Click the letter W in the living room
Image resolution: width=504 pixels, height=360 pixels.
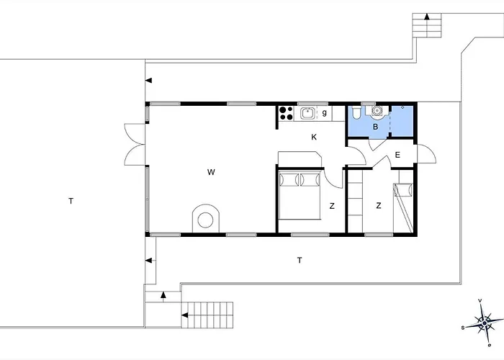coord(210,172)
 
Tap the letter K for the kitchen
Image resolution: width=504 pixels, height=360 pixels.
coord(314,137)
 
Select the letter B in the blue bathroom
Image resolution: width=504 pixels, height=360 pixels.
coord(375,127)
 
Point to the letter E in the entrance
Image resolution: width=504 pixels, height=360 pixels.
coord(398,155)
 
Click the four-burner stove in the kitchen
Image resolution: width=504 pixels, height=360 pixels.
coord(285,112)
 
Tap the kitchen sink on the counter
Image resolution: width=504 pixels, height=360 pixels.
coord(307,112)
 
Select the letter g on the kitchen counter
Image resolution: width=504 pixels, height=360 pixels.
coord(325,112)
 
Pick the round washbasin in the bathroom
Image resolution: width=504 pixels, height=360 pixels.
coord(376,111)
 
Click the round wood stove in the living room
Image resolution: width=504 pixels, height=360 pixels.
coord(205,219)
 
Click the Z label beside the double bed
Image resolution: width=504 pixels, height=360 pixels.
coord(332,206)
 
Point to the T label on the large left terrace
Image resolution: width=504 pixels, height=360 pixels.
coord(71,201)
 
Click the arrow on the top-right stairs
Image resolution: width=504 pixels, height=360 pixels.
coord(426,17)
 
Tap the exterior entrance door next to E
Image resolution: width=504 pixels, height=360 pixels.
coord(425,154)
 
